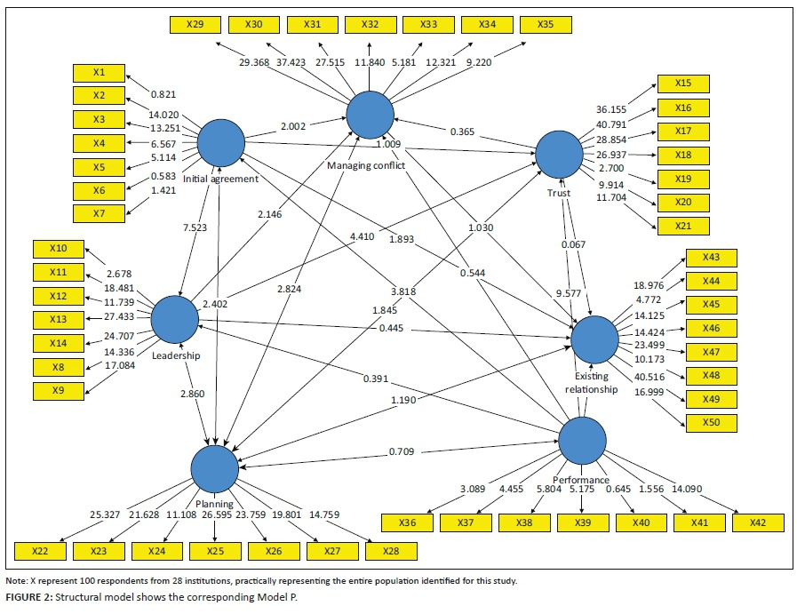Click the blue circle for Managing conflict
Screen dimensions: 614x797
pyautogui.click(x=370, y=113)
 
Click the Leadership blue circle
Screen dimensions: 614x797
pyautogui.click(x=174, y=319)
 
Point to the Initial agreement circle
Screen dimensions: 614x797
pyautogui.click(x=220, y=142)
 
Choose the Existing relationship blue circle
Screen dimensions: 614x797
pyautogui.click(x=594, y=340)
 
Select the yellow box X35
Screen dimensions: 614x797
pyautogui.click(x=545, y=24)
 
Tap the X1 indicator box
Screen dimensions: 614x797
pyautogui.click(x=98, y=72)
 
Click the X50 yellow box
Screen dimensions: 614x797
pyautogui.click(x=711, y=422)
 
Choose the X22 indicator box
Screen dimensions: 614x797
pyautogui.click(x=40, y=552)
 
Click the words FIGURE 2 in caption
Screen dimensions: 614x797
pyautogui.click(x=27, y=598)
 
